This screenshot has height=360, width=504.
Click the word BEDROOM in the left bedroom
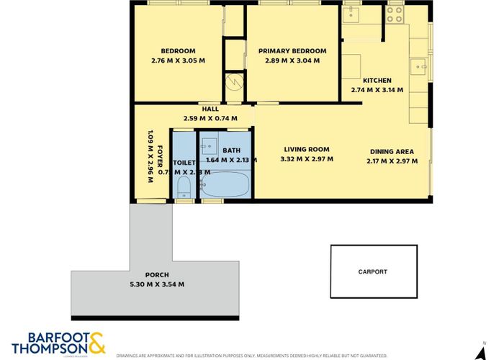click(178, 51)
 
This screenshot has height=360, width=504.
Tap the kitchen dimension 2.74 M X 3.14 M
click(377, 90)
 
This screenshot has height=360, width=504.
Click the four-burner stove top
click(395, 12)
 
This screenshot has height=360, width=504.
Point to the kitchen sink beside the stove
click(354, 14)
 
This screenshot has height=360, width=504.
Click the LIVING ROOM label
click(307, 150)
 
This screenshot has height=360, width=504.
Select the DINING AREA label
click(392, 151)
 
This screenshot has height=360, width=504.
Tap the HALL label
click(210, 109)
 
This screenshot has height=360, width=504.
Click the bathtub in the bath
click(225, 186)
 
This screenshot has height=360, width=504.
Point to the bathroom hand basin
click(209, 144)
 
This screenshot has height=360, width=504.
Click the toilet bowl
click(183, 189)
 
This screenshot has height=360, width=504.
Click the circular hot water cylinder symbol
click(235, 81)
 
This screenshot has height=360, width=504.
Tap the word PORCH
click(157, 275)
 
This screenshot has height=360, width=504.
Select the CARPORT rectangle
click(373, 271)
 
